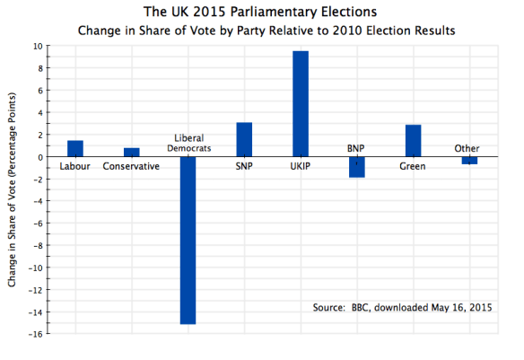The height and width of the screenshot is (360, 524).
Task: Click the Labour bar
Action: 75,149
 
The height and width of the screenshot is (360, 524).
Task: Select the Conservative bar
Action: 132,153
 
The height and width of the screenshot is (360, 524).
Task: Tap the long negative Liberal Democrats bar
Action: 188,240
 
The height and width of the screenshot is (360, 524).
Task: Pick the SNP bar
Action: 244,140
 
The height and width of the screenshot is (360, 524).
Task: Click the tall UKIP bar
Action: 300,104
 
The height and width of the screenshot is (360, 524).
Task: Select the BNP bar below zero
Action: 356,167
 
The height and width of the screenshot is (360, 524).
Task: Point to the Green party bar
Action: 413,141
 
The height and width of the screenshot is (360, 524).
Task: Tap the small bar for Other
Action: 468,161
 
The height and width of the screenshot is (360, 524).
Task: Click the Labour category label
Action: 75,166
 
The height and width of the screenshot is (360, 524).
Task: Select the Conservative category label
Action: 132,166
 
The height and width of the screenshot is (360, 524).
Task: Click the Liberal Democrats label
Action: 188,143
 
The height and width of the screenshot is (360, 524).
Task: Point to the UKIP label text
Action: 300,166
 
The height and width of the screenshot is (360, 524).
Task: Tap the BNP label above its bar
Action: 356,149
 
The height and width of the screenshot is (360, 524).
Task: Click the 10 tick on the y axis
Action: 39,46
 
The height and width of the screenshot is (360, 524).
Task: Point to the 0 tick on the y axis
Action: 40,157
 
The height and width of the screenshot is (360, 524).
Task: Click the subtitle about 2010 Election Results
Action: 266,31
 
